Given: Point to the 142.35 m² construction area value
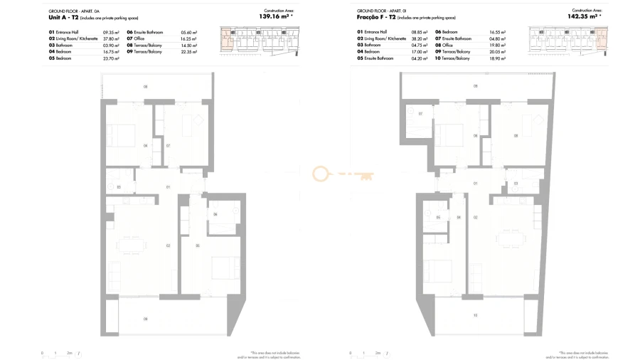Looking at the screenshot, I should coord(586,17).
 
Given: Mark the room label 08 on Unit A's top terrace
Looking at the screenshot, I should coord(146,86).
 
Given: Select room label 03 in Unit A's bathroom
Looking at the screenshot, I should coord(119,187).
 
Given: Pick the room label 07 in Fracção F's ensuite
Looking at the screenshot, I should coord(420,114).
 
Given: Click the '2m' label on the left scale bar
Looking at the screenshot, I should coord(69,353).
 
